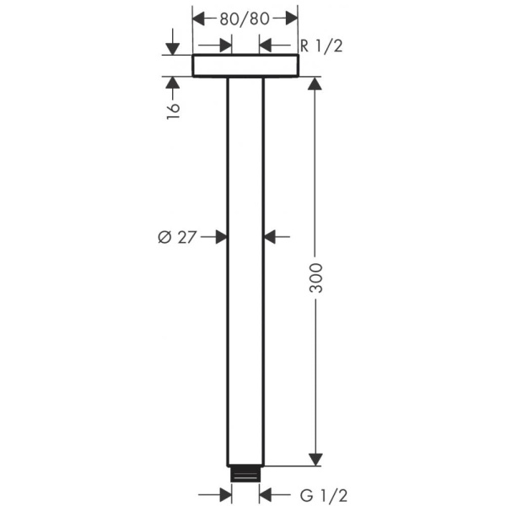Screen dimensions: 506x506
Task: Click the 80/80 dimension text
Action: [x=245, y=17]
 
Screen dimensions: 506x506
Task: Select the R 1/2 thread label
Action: [x=321, y=45]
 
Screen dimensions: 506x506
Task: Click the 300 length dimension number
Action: [x=315, y=274]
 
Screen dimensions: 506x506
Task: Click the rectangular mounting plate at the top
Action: [x=245, y=66]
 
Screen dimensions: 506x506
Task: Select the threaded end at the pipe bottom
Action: [x=245, y=474]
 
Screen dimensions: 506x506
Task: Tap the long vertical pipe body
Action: [x=245, y=270]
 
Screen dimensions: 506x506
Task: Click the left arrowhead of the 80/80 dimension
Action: [x=200, y=17]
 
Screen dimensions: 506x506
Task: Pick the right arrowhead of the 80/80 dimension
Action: [x=291, y=17]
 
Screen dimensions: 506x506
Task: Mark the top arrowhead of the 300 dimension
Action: [x=315, y=84]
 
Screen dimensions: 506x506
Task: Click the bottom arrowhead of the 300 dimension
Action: [x=315, y=459]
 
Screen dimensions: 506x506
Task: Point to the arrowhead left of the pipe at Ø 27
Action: [x=220, y=238]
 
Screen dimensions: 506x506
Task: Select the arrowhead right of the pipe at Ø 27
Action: [x=271, y=238]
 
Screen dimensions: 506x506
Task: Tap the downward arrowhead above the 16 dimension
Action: [x=173, y=48]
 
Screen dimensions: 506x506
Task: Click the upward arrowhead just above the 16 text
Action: [x=173, y=83]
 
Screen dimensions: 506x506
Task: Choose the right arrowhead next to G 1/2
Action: [x=266, y=493]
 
